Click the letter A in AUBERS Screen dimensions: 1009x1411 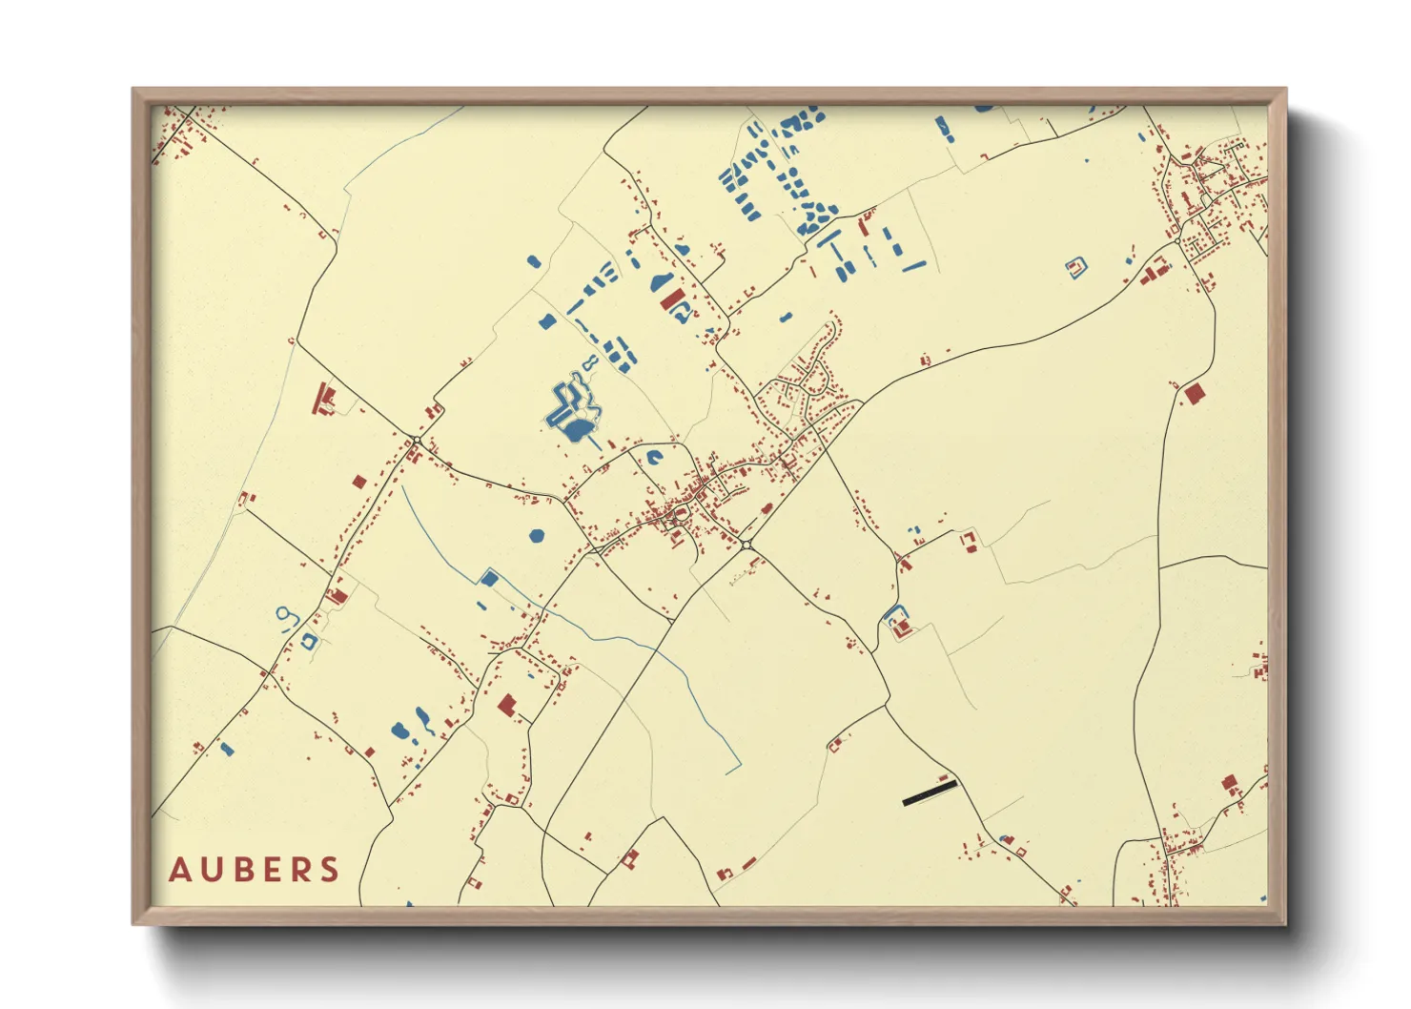coord(179,870)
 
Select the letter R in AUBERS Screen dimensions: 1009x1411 coord(305,870)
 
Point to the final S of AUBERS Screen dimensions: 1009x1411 coord(330,870)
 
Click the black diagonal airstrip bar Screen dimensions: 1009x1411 coord(930,793)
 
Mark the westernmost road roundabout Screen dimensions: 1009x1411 coord(417,440)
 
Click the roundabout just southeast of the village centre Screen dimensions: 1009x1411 coord(746,545)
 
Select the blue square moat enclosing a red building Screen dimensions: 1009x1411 coord(1076,267)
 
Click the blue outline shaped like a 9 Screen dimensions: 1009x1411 coord(286,617)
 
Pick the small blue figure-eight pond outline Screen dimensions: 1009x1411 coord(591,362)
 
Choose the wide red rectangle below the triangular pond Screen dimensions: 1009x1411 coord(672,299)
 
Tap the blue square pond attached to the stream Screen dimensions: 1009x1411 coord(490,578)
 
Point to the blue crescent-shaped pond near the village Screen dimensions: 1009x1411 coord(654,458)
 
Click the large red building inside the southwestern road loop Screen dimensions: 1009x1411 coord(506,705)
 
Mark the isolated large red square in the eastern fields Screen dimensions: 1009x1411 coord(1193,392)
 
